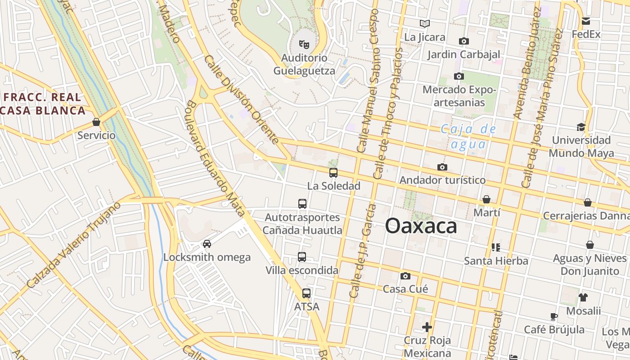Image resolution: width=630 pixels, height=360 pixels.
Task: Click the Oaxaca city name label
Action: pos(421,226)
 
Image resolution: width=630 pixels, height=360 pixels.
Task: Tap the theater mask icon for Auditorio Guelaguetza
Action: pos(304,45)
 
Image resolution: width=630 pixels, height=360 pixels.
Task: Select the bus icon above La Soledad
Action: pos(333,173)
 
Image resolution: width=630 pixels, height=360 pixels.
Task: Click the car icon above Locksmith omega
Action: pos(207,244)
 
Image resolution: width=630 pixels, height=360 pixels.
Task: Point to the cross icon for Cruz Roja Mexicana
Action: pos(427,327)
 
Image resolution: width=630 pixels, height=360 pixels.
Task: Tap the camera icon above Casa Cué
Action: pos(405,276)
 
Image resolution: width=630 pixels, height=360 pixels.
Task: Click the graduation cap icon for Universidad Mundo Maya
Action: pos(581,127)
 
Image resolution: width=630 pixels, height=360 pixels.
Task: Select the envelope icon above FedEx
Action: pos(586,21)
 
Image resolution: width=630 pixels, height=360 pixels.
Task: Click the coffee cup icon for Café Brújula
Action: pos(554,316)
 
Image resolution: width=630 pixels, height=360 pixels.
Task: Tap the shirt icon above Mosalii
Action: pos(583,297)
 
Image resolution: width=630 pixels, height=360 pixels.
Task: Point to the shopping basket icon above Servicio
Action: pos(96,122)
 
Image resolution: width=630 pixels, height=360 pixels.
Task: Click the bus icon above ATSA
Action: pos(306,293)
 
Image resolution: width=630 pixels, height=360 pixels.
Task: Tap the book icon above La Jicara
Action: pos(424,23)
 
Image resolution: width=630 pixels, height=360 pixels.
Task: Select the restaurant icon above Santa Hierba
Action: pos(496,247)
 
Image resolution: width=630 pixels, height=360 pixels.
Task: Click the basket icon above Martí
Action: pos(486,199)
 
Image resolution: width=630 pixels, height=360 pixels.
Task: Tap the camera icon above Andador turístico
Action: pos(442,167)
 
